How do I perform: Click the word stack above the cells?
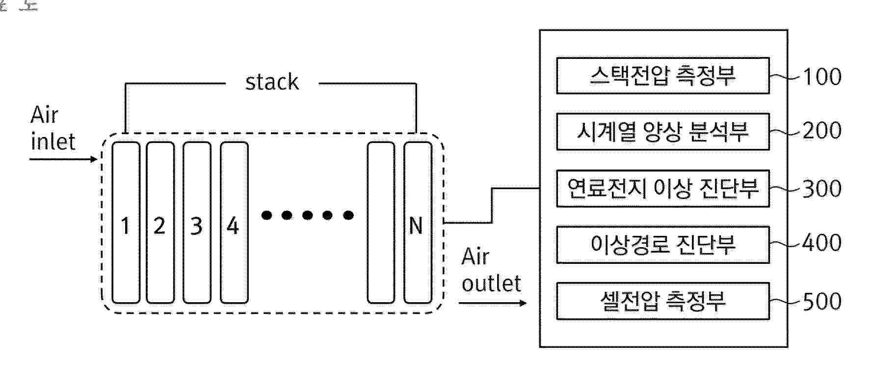(x=272, y=82)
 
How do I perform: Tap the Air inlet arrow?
(x=64, y=159)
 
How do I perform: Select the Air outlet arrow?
(x=492, y=303)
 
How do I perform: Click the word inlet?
(x=53, y=142)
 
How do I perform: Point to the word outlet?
(x=491, y=284)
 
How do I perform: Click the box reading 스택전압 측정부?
(x=662, y=76)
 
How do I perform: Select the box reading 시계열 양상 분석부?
(x=662, y=132)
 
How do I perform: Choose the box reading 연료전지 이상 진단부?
(x=662, y=188)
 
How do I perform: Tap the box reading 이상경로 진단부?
(x=662, y=244)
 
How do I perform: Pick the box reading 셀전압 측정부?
(x=662, y=301)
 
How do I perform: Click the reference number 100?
(x=822, y=77)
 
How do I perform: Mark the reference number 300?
(x=822, y=189)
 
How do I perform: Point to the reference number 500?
(x=822, y=301)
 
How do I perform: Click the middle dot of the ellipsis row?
(x=308, y=215)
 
